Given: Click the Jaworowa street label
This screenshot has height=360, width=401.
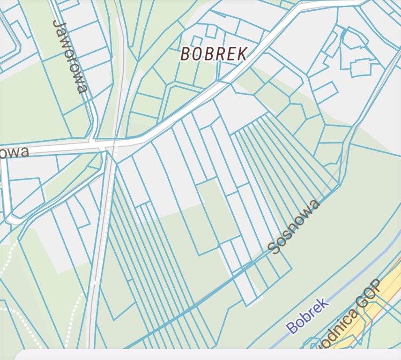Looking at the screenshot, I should (70, 56).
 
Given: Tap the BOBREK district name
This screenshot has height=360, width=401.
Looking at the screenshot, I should (214, 54).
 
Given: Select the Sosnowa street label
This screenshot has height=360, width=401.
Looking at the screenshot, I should (295, 226).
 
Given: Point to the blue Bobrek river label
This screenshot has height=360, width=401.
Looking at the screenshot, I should (308, 316).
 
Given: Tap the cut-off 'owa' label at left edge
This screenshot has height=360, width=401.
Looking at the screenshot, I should (14, 152).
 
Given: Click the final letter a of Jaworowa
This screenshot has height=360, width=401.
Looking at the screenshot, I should (82, 89).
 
